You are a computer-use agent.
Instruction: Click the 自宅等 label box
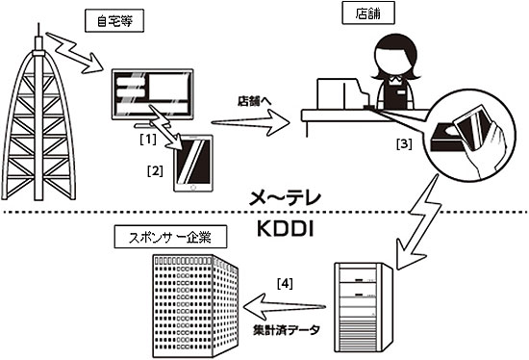click(x=114, y=21)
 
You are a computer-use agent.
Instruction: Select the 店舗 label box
click(x=368, y=13)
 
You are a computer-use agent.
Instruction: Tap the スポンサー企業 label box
click(x=170, y=237)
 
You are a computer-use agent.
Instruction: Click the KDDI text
click(x=286, y=229)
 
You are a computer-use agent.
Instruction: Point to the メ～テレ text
click(x=285, y=198)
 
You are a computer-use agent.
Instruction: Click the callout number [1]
click(x=148, y=139)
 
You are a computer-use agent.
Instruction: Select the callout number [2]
click(x=155, y=171)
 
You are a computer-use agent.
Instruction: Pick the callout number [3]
click(x=404, y=143)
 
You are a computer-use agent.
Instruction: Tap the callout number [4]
click(x=285, y=284)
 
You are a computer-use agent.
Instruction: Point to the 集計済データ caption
click(x=286, y=329)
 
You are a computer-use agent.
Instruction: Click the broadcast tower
click(x=38, y=115)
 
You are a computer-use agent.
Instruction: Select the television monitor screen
click(x=153, y=94)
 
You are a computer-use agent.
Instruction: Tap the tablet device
click(x=193, y=163)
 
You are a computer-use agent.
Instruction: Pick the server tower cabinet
click(x=364, y=307)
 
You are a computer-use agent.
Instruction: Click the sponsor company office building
click(x=195, y=306)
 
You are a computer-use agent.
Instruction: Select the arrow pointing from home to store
click(x=250, y=123)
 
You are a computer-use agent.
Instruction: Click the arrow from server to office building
click(x=284, y=306)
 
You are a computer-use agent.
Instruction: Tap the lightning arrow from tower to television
click(x=75, y=53)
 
